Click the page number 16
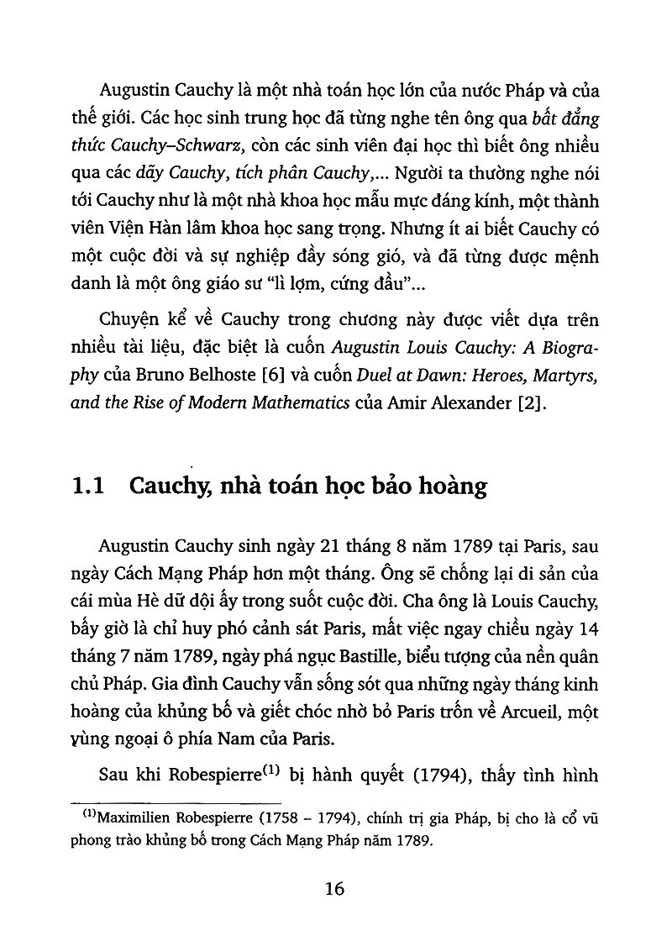pos(334,889)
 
